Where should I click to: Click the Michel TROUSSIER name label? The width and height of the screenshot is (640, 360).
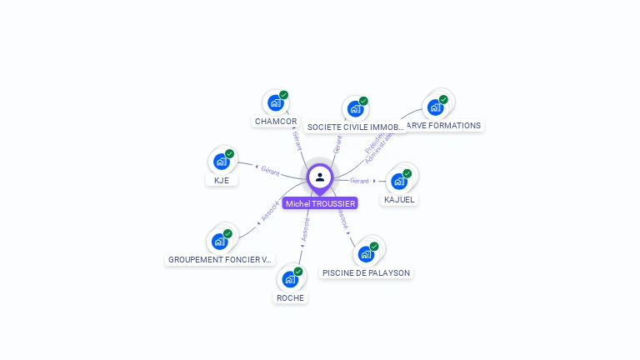point(320,203)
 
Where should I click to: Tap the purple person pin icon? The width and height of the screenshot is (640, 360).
point(320,177)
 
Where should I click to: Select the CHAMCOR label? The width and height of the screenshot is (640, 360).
point(276,122)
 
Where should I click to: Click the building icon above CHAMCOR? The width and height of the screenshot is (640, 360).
point(275,103)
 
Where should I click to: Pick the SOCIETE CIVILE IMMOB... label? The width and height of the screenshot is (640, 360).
point(356,127)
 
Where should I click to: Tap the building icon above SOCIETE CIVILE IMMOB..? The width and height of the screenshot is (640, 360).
point(356,108)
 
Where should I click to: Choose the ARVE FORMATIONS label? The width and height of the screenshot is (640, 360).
point(443,126)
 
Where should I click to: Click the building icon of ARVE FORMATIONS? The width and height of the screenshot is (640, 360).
point(435,107)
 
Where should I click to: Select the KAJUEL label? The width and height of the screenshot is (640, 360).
point(399,200)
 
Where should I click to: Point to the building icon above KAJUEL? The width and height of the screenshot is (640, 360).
point(399,181)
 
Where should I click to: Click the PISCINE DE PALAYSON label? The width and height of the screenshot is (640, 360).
point(367,272)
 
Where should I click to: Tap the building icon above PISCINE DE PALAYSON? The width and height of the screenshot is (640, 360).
point(366,253)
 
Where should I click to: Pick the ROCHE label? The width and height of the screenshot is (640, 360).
point(290,297)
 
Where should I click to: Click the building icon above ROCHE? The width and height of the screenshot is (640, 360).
point(290,278)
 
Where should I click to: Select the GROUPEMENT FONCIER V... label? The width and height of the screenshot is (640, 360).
point(220,259)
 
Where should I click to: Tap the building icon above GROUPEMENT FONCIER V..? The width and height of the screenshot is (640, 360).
point(220,241)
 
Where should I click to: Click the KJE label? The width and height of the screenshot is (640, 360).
point(222,180)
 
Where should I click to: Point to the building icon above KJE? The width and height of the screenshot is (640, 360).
point(222,161)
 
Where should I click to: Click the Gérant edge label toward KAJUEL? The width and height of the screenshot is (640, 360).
point(360,181)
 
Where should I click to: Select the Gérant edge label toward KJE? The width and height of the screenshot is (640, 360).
point(270,170)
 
